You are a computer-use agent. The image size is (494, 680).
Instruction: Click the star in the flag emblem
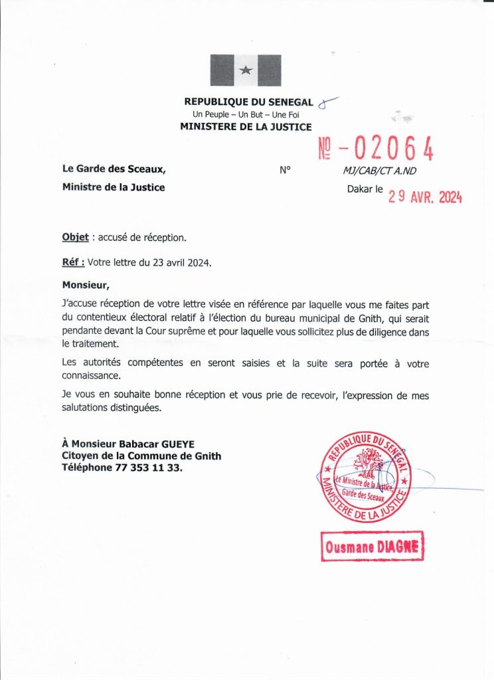point(246,70)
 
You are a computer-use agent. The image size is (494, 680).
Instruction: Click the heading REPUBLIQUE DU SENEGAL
point(247,102)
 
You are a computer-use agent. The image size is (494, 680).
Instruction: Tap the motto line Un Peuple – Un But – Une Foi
point(246,114)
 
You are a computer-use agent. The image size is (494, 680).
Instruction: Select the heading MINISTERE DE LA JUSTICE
point(246,126)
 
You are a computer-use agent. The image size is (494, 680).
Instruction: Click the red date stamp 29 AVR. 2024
point(425,196)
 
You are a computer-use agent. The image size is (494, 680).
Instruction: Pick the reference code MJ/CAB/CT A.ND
point(380,170)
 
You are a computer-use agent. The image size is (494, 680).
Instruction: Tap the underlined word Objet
point(75,237)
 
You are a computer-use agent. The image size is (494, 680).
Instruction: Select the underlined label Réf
point(72,262)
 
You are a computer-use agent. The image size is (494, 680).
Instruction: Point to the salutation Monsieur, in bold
point(84,285)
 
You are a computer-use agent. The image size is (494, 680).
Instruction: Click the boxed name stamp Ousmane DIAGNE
point(372,547)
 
